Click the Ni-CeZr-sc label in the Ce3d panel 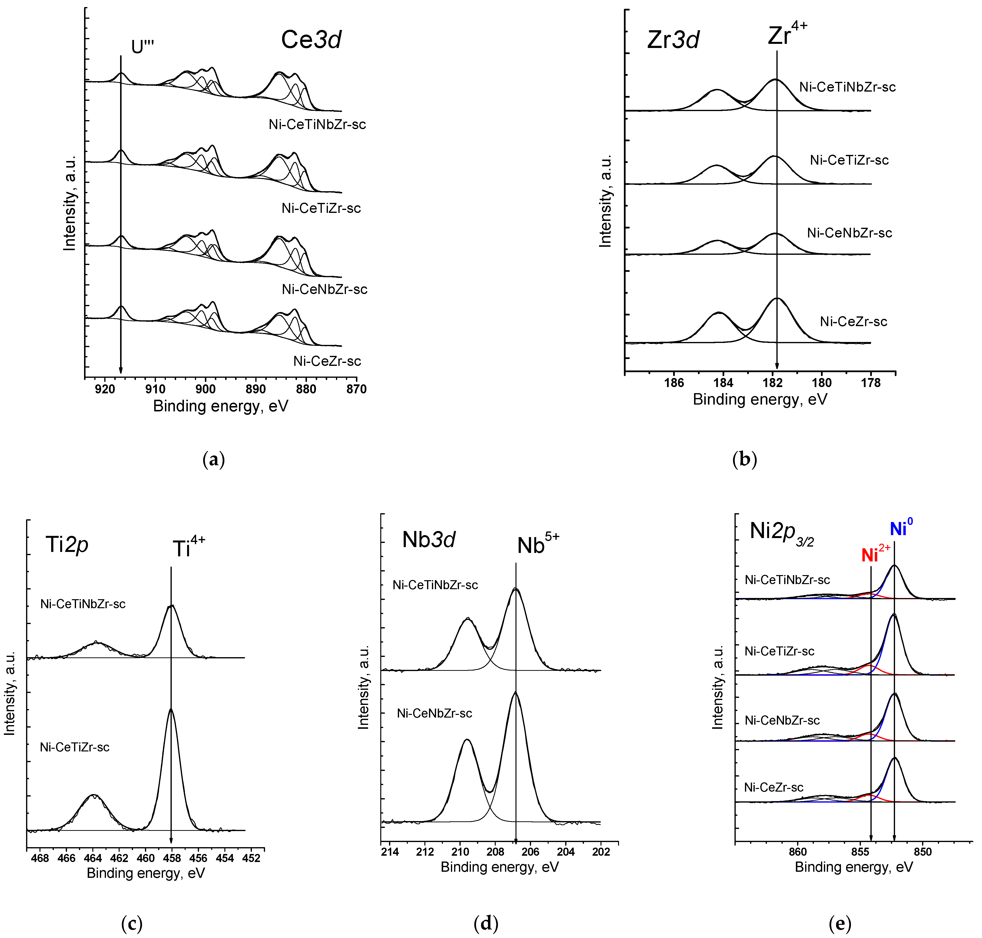[x=327, y=361]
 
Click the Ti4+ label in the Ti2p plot [x=189, y=547]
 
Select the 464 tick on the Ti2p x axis [x=93, y=858]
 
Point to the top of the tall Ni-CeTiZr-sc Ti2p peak [x=171, y=709]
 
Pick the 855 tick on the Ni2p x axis [x=860, y=852]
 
